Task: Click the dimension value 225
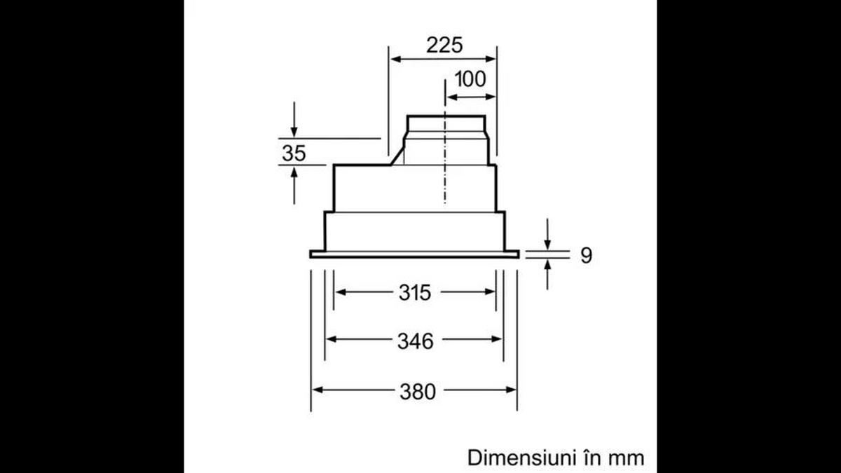[x=444, y=45]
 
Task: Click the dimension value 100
[x=470, y=80]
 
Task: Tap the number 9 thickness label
[x=586, y=255]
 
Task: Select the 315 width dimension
[x=415, y=292]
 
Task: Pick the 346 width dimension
[x=415, y=341]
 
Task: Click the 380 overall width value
[x=417, y=390]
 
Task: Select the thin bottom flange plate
[x=414, y=254]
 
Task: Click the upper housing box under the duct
[x=413, y=188]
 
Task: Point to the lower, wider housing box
[x=414, y=231]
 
